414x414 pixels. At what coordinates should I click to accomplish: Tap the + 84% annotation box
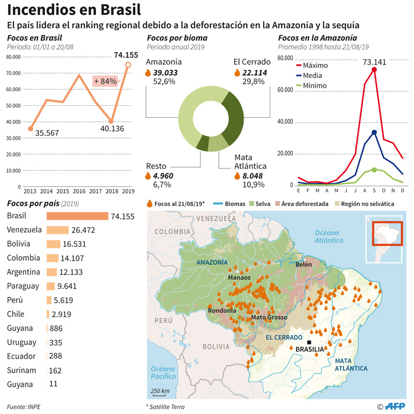click(x=105, y=81)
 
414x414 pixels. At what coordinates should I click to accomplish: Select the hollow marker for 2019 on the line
click(x=128, y=65)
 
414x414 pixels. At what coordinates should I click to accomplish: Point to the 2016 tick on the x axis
click(x=79, y=192)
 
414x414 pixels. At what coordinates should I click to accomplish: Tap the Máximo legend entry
click(x=315, y=65)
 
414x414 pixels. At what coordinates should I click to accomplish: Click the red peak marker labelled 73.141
click(x=374, y=70)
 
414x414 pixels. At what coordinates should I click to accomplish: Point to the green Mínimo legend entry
click(x=315, y=85)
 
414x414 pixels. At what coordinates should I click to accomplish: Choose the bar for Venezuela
click(x=57, y=229)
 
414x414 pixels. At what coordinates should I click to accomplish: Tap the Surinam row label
click(x=21, y=370)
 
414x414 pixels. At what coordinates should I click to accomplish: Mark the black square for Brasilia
click(x=309, y=342)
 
